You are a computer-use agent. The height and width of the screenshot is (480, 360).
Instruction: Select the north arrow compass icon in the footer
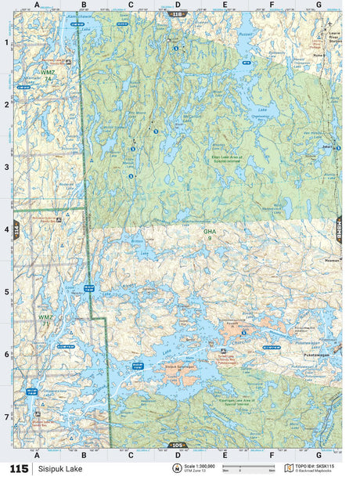coord(177,468)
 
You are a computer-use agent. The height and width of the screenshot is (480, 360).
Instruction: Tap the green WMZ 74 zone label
coord(49,77)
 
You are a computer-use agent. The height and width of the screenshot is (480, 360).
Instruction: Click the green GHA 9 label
coord(209,233)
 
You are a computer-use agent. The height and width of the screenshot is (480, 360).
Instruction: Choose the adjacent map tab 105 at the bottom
coord(177,445)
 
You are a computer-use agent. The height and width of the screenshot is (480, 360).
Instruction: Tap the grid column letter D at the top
coord(178,5)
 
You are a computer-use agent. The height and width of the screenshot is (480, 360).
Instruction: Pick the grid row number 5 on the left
coord(6,292)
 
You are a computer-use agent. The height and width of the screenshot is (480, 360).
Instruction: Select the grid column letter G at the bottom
coord(318,454)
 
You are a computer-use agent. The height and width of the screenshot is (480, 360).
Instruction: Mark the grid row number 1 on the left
coord(6,42)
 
